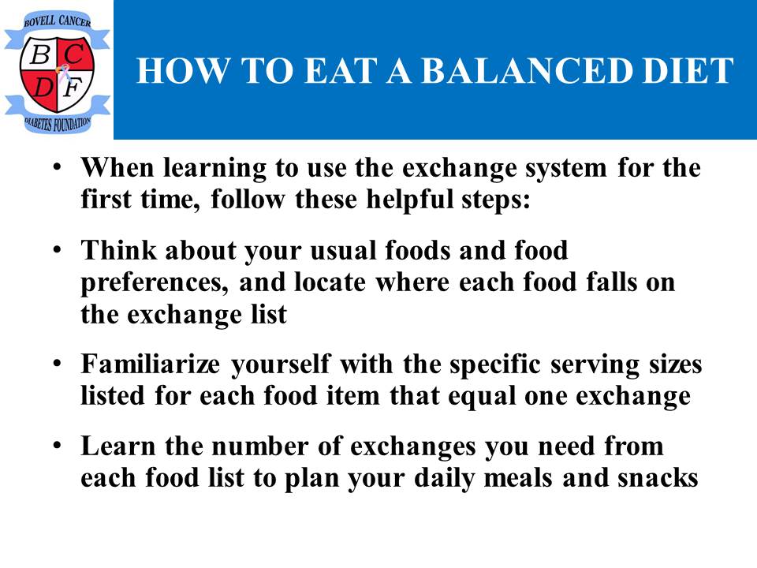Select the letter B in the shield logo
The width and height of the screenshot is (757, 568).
pyautogui.click(x=40, y=54)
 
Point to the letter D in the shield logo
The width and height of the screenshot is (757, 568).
pyautogui.click(x=43, y=87)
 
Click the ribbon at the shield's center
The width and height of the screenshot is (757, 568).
pyautogui.click(x=62, y=73)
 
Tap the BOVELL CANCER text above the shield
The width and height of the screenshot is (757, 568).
pyautogui.click(x=58, y=21)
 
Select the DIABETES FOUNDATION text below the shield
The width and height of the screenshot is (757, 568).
pyautogui.click(x=58, y=124)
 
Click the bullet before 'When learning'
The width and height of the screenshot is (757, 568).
pyautogui.click(x=58, y=167)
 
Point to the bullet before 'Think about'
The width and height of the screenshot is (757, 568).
pyautogui.click(x=58, y=250)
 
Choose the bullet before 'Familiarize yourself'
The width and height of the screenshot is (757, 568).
pyautogui.click(x=58, y=363)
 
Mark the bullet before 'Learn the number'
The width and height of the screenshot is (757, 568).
pyautogui.click(x=58, y=445)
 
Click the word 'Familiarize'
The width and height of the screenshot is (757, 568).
pyautogui.click(x=150, y=363)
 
